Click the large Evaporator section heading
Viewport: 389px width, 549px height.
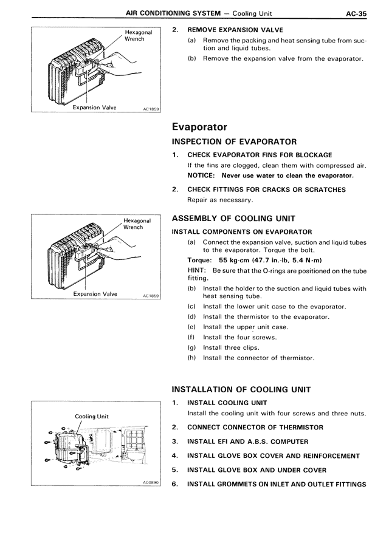pos(199,127)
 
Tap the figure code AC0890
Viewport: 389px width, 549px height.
pos(150,484)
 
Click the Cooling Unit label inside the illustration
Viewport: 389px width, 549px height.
pos(92,417)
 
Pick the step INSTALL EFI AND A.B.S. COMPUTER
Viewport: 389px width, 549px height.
pos(247,442)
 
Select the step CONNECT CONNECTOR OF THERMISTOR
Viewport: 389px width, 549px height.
pos(255,427)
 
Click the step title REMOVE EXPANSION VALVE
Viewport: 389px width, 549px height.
pos(235,30)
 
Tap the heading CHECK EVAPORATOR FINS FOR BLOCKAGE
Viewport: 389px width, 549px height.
pos(260,155)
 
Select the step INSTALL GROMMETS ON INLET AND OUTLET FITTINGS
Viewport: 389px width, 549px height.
pos(277,485)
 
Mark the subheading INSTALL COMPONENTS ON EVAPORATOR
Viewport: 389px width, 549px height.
pos(242,231)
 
